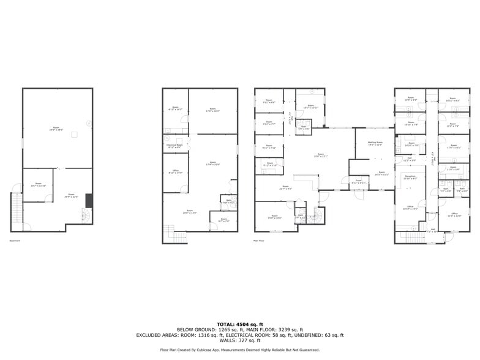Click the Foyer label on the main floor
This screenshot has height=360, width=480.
[x=359, y=182]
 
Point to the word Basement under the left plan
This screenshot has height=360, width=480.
[x=15, y=241]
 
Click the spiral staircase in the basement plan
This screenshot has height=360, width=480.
[x=85, y=216]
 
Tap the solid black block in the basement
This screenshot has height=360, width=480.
[x=89, y=201]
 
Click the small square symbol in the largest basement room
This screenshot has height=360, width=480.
[x=75, y=134]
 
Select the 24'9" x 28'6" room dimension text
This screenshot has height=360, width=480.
[x=57, y=129]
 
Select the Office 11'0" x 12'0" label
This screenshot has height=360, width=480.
[x=454, y=215]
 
